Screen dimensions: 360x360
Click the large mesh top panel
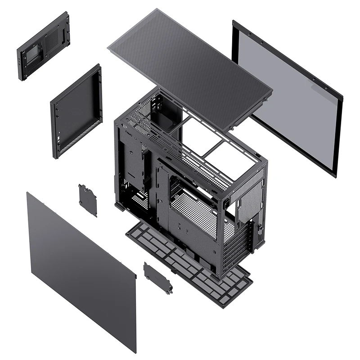(x=189, y=63)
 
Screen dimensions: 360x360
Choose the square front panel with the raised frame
(x=76, y=110)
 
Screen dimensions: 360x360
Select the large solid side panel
(x=81, y=270)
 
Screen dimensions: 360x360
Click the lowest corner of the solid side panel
(x=134, y=351)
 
